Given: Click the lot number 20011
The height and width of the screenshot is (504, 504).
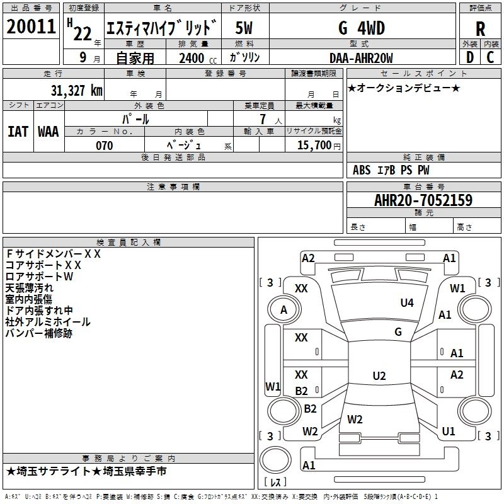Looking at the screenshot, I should [31, 27].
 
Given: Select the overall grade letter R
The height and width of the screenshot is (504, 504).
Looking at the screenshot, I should [481, 29].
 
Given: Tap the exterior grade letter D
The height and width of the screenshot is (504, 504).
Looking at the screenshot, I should [469, 57].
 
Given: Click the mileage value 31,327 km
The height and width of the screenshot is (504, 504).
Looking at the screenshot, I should [76, 90].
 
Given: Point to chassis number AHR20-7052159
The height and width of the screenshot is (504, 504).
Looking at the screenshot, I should [423, 200].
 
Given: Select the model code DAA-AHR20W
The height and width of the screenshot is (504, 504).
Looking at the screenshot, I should [361, 58].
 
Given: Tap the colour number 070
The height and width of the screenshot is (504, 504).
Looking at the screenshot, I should [104, 146].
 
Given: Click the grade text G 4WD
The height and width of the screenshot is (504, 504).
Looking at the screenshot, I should [361, 28].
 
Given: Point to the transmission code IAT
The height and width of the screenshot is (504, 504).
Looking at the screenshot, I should [18, 132].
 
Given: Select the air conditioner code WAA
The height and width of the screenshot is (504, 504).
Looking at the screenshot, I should [48, 132].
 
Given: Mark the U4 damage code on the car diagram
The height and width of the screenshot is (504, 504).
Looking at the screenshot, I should [407, 303].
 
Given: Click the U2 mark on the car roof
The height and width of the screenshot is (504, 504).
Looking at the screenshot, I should [379, 376].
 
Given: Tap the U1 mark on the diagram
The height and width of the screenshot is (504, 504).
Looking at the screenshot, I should [449, 432].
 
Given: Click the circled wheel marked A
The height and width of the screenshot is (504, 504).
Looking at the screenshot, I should [283, 309].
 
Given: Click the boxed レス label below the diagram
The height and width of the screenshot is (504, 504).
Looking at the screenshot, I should [275, 483].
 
